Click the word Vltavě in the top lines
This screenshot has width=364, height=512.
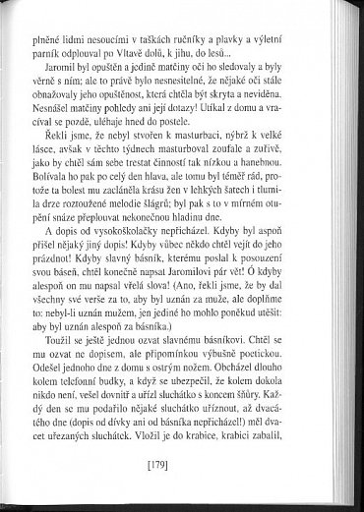click(x=176, y=45)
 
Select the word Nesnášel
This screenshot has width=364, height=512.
click(x=84, y=113)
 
